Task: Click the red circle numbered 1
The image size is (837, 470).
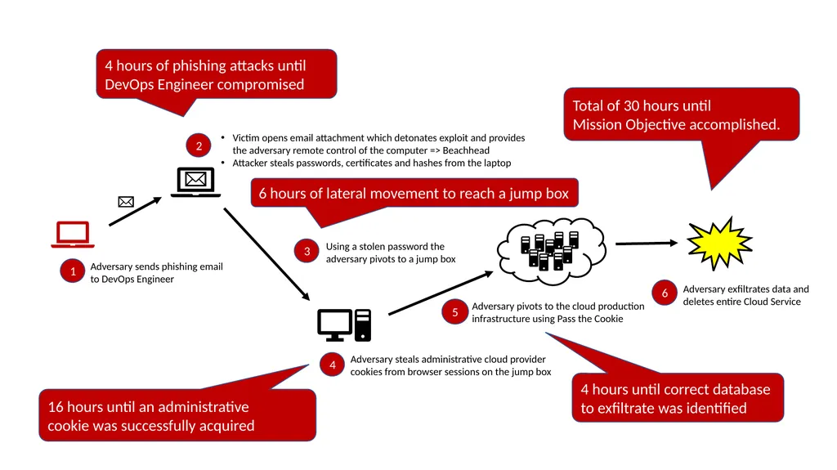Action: coord(73,271)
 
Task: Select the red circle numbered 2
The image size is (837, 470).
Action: coord(199,145)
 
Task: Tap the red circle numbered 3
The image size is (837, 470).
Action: coord(307,252)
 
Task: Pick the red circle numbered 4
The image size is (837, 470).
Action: coord(332,365)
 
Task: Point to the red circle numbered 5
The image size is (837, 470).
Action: coord(454,312)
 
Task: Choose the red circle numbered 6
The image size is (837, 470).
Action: coord(665,293)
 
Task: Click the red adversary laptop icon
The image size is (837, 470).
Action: coord(73,235)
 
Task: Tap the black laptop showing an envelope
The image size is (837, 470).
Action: coord(196,182)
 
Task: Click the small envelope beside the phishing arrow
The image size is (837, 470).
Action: coord(126,202)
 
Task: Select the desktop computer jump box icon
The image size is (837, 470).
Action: coord(344,325)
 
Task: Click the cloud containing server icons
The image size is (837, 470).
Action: coord(552,250)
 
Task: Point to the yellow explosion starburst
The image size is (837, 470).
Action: coord(719,244)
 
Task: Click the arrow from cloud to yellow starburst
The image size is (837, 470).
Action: coord(647,244)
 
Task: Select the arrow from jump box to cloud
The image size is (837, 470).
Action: coord(441,293)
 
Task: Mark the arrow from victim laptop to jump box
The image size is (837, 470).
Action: coord(267,254)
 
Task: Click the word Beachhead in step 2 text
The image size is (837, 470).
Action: coord(466,150)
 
